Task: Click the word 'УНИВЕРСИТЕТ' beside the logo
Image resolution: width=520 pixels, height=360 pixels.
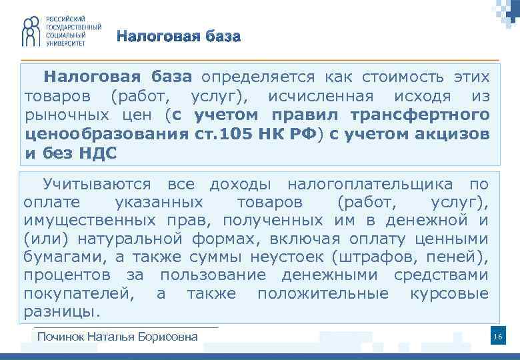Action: pyautogui.click(x=67, y=43)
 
